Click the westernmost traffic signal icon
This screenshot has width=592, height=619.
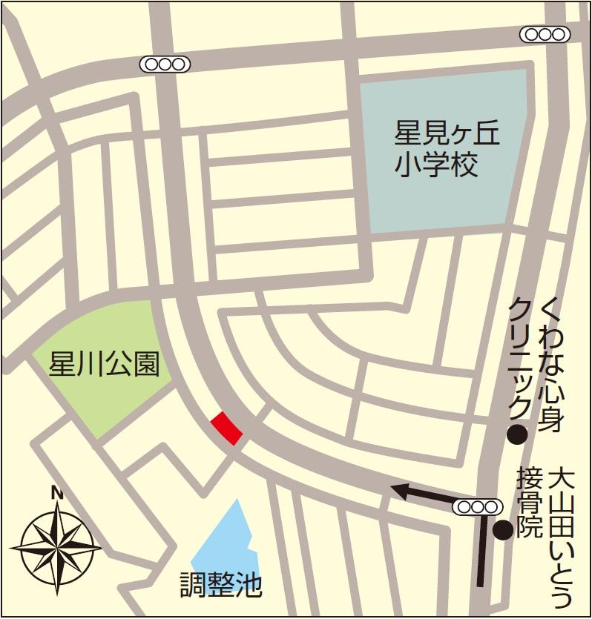tap(165, 64)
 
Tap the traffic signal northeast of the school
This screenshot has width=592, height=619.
tap(545, 34)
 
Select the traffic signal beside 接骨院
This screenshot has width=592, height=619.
tap(476, 507)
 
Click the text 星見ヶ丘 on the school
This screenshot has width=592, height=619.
tap(447, 135)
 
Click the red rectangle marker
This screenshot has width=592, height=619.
tap(226, 428)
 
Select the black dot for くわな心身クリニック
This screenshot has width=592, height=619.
tap(516, 434)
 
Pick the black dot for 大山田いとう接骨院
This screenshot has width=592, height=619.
tap(503, 529)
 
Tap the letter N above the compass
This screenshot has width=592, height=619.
tap(56, 491)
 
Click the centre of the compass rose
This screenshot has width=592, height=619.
tap(56, 549)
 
